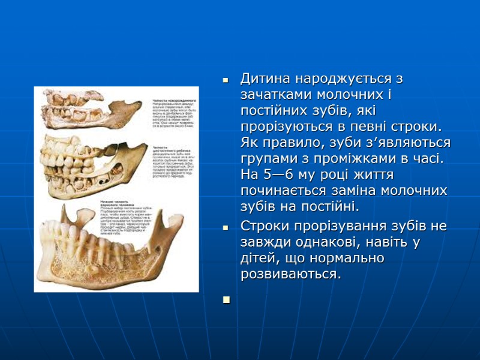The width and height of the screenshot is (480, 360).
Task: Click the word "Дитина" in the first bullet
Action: click(x=262, y=79)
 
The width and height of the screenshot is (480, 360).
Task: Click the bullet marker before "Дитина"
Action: click(x=226, y=80)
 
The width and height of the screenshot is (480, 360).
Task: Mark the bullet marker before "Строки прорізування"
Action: click(x=226, y=228)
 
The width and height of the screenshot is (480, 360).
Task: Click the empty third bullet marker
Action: click(x=226, y=299)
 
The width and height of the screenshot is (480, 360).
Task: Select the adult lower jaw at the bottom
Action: click(x=102, y=246)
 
